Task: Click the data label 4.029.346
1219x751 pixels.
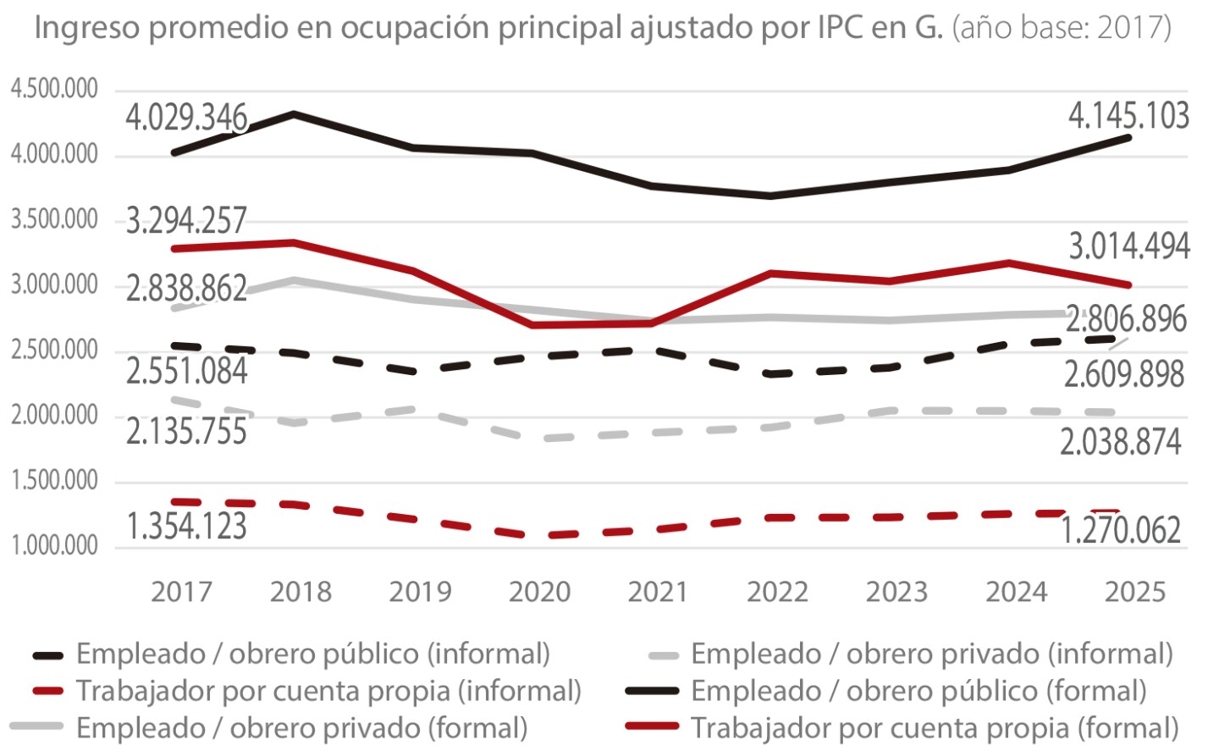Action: tap(186, 118)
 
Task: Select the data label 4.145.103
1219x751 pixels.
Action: tap(1128, 116)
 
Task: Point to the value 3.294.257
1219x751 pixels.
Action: tap(186, 221)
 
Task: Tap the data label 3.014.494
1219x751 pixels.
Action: tap(1128, 246)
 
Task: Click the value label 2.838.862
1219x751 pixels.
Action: tap(186, 290)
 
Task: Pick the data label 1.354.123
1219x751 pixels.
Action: tap(186, 526)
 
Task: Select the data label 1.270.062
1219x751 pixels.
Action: tap(1120, 531)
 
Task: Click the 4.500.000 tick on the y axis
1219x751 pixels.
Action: tap(54, 89)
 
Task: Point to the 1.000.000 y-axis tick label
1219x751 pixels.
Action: tap(54, 545)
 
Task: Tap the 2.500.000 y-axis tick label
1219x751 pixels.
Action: tap(54, 350)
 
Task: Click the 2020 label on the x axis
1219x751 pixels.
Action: tap(539, 592)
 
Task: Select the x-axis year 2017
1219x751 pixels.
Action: tap(181, 592)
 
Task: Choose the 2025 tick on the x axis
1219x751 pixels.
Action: tap(1134, 592)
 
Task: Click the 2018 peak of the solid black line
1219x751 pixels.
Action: tap(294, 113)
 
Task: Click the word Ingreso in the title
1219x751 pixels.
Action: tap(87, 28)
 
